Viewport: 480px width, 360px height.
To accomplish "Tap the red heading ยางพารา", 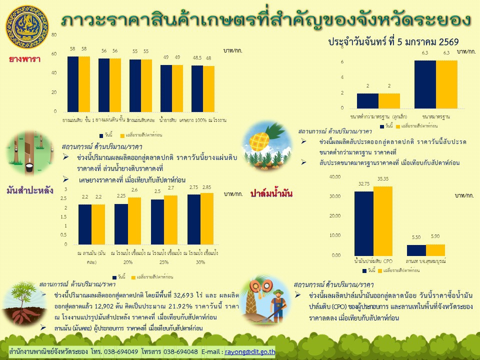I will [x=24, y=59].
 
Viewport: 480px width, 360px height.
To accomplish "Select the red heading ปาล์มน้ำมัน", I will [x=271, y=193].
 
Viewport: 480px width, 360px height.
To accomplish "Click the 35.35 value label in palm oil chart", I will [x=382, y=178].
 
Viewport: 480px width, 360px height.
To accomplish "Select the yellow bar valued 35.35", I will [x=382, y=220].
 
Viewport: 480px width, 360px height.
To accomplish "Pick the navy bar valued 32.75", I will [x=363, y=223].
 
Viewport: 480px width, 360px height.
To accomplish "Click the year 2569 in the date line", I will [x=448, y=42].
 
